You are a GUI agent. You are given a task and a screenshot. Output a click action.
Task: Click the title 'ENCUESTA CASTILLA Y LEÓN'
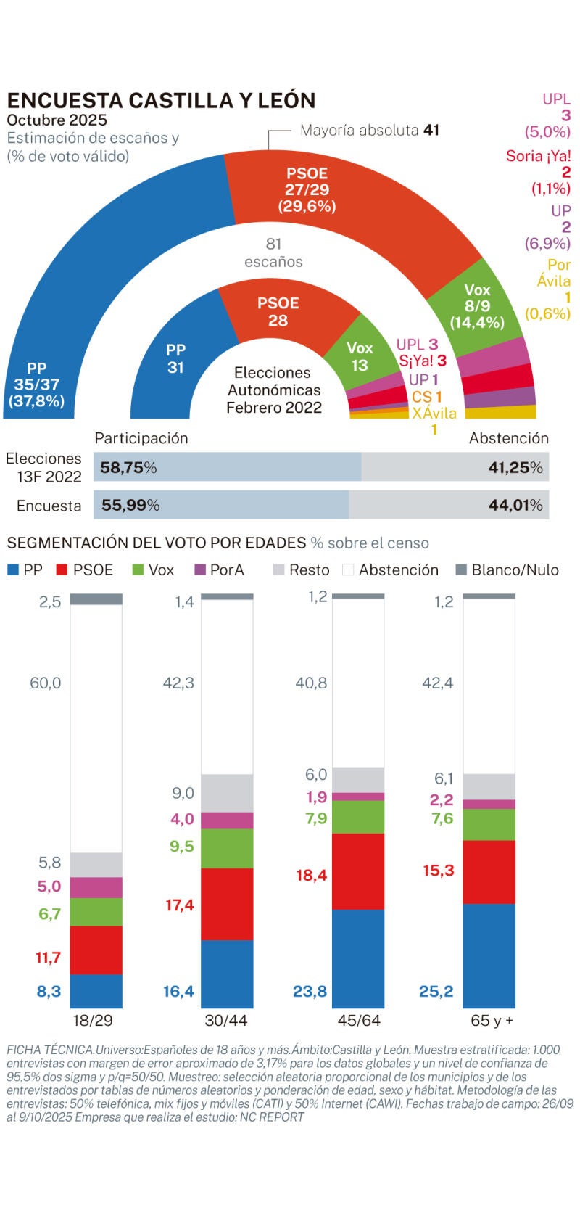[x=161, y=100]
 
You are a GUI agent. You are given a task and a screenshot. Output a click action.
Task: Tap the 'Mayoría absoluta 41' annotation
[x=369, y=131]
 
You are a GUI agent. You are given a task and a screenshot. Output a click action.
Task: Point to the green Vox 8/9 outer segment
[x=475, y=305]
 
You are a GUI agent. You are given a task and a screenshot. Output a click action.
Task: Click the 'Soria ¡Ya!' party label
[x=538, y=156]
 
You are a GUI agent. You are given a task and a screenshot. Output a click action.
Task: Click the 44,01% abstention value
[x=515, y=506]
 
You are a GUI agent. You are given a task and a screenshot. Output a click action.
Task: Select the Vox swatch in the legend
[x=138, y=570]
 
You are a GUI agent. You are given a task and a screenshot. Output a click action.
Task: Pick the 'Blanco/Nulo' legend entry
[x=507, y=570]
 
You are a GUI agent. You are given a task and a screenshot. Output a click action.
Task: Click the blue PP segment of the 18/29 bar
[x=96, y=991]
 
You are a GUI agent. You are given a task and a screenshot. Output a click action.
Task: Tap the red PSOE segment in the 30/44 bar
[x=227, y=904]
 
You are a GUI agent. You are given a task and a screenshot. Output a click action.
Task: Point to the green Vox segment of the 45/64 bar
[x=358, y=817]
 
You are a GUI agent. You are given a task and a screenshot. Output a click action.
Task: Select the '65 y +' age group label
[x=492, y=1021]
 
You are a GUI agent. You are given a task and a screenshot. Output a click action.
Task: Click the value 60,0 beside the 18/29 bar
[x=45, y=683]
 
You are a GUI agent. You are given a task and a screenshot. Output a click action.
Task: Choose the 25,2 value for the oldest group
[x=436, y=992]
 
